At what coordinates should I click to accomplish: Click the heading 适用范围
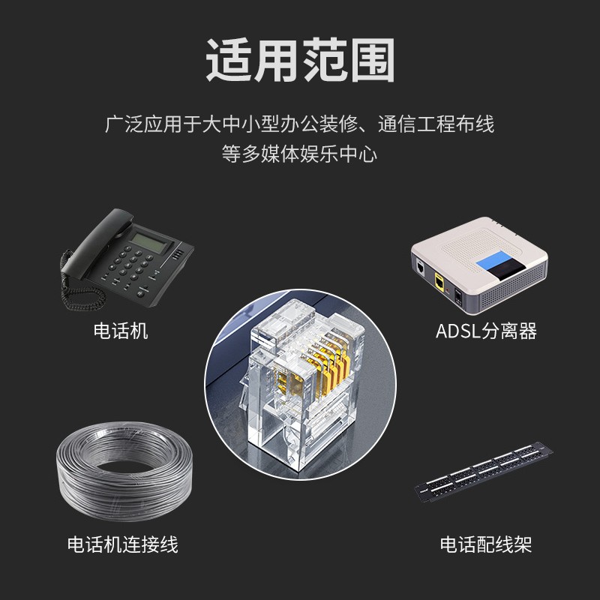pyautogui.click(x=301, y=60)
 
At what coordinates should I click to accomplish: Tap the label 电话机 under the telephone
pyautogui.click(x=121, y=331)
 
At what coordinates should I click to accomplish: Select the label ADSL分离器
pyautogui.click(x=486, y=331)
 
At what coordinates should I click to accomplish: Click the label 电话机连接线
pyautogui.click(x=122, y=544)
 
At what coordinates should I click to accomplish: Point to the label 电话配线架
pyautogui.click(x=486, y=544)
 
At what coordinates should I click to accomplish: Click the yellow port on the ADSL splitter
pyautogui.click(x=439, y=283)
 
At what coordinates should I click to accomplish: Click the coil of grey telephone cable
pyautogui.click(x=124, y=471)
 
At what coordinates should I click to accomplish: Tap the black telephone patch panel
pyautogui.click(x=484, y=472)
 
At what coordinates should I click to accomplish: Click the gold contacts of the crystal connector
pyautogui.click(x=329, y=371)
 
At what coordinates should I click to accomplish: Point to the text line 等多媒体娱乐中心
pyautogui.click(x=299, y=154)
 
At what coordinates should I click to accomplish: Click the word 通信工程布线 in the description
pyautogui.click(x=436, y=124)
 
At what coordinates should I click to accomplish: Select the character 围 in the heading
pyautogui.click(x=372, y=60)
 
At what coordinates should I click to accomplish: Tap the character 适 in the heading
pyautogui.click(x=229, y=60)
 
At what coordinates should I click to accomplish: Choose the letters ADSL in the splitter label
pyautogui.click(x=458, y=331)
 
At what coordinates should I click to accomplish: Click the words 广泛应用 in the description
pyautogui.click(x=144, y=124)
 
